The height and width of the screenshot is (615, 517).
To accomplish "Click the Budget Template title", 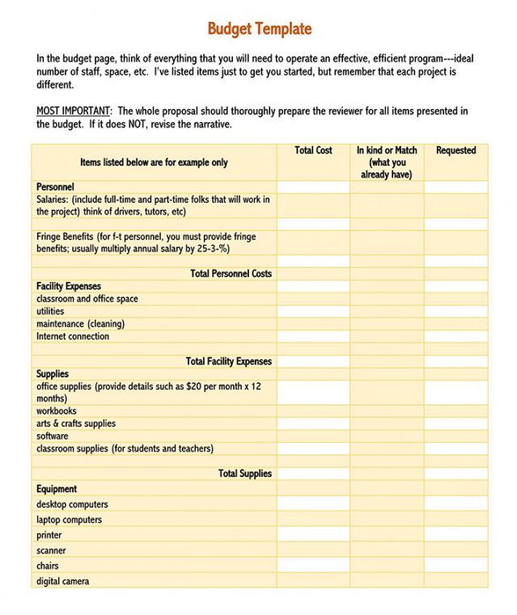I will click(x=259, y=29).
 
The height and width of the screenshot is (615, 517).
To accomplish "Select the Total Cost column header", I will click(x=313, y=150).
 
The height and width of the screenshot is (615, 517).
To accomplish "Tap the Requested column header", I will click(x=456, y=150).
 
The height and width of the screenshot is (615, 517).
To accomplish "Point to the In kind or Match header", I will click(x=387, y=162).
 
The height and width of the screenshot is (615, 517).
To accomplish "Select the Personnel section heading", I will click(x=55, y=187).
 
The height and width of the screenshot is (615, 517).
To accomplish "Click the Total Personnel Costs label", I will click(x=231, y=274).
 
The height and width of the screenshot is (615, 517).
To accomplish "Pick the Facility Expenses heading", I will click(x=69, y=286).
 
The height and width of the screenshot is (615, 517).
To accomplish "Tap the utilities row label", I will click(x=50, y=311).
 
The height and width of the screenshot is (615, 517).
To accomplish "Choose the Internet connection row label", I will click(x=73, y=336).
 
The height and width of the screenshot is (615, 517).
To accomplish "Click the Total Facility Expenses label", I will click(x=228, y=361).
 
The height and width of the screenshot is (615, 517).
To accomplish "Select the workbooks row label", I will click(x=57, y=411).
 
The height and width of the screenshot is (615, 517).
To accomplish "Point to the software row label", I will click(x=53, y=436).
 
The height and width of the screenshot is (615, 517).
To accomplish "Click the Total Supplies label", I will click(x=244, y=474).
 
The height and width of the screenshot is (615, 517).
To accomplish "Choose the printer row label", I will click(x=49, y=535).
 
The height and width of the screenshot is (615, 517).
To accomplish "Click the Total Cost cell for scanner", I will click(x=313, y=550).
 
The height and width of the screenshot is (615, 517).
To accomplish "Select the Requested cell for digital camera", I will click(x=456, y=581).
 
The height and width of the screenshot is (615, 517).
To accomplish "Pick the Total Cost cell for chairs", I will click(x=313, y=566).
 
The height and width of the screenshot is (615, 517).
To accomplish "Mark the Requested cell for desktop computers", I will click(x=456, y=504).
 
